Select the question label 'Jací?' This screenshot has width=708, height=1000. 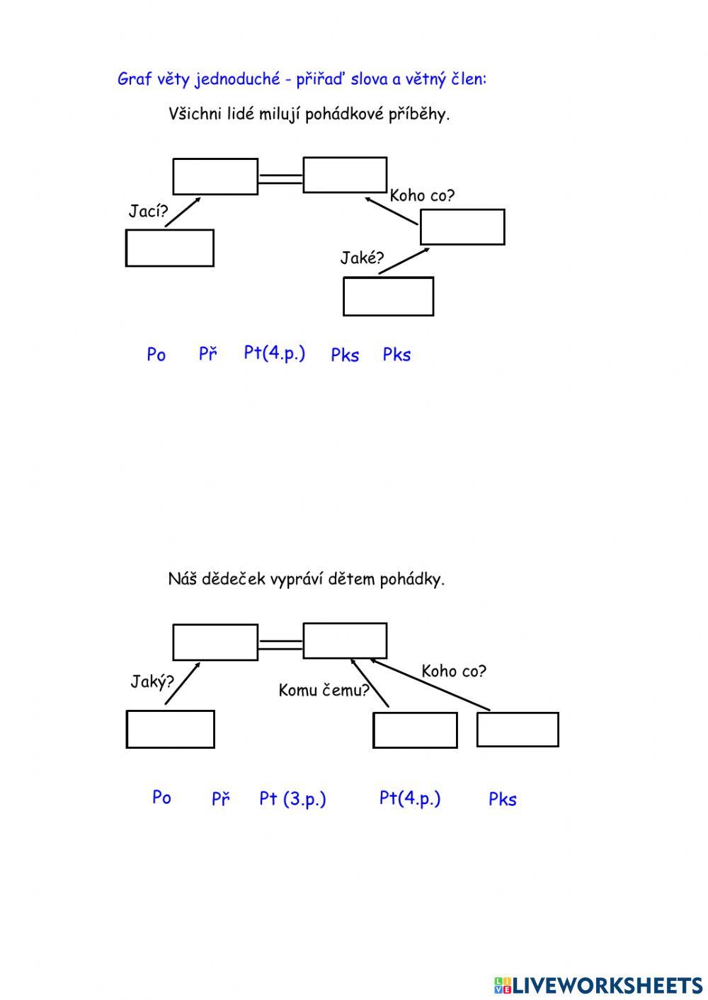tap(148, 211)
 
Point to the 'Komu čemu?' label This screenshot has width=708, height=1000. tap(324, 691)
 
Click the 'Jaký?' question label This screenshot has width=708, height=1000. tap(152, 682)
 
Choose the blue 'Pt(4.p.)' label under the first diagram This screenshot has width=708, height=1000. tap(274, 353)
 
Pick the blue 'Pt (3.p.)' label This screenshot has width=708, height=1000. tap(292, 799)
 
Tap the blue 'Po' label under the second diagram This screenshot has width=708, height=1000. tap(161, 798)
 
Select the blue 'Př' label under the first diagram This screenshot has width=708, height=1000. tap(207, 354)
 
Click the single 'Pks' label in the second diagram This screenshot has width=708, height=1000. tap(503, 800)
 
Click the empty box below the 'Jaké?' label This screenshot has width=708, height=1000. tap(388, 297)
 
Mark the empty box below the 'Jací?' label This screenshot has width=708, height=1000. tap(170, 248)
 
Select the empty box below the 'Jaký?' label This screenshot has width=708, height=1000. tap(170, 729)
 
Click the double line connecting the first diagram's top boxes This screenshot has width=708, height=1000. tap(280, 178)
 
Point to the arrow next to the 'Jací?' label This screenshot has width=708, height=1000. tap(183, 212)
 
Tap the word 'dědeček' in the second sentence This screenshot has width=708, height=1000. tap(233, 580)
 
